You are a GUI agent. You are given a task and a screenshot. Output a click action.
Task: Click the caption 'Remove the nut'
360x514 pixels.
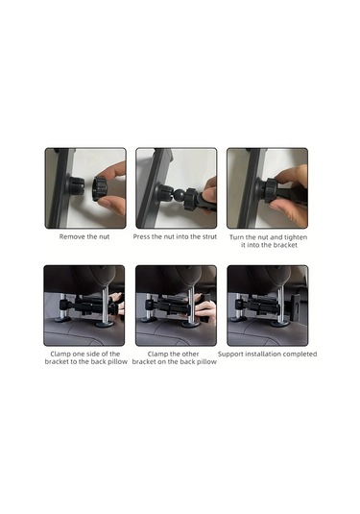(84, 236)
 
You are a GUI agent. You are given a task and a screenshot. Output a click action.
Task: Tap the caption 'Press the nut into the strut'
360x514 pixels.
(175, 236)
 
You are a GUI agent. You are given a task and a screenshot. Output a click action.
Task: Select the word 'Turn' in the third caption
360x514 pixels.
(236, 237)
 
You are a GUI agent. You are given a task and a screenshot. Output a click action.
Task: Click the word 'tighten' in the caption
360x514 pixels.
(296, 237)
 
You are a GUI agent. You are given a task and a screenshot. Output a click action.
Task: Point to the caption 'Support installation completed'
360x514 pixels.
(267, 354)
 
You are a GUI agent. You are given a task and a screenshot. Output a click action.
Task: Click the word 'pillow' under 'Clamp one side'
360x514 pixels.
(117, 362)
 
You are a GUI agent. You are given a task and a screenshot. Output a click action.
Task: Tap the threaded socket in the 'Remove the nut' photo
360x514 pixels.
(76, 186)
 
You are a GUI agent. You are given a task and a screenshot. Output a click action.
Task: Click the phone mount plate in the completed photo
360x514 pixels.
(295, 306)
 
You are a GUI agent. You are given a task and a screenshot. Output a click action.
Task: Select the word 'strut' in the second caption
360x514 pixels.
(209, 236)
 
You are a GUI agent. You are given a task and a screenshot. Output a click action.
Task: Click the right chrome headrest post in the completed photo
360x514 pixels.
(281, 305)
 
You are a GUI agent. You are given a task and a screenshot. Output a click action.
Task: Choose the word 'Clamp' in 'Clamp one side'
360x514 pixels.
(60, 354)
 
